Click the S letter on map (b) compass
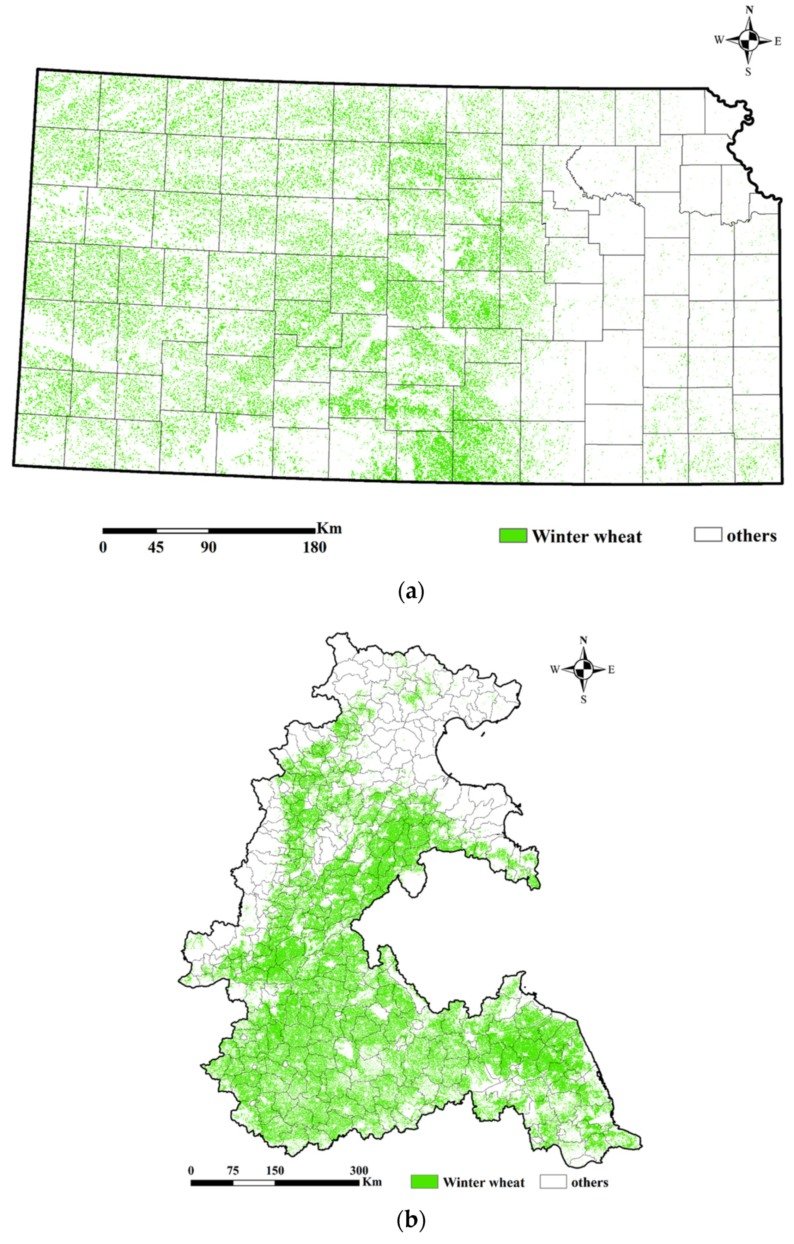point(584,700)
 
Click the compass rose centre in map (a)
point(748,40)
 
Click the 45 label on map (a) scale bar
point(156,548)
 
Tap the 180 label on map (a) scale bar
point(314,548)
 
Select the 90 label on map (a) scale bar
point(208,548)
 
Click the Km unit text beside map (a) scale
point(329,529)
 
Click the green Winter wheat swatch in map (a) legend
point(513,536)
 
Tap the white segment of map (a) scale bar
point(182,531)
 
